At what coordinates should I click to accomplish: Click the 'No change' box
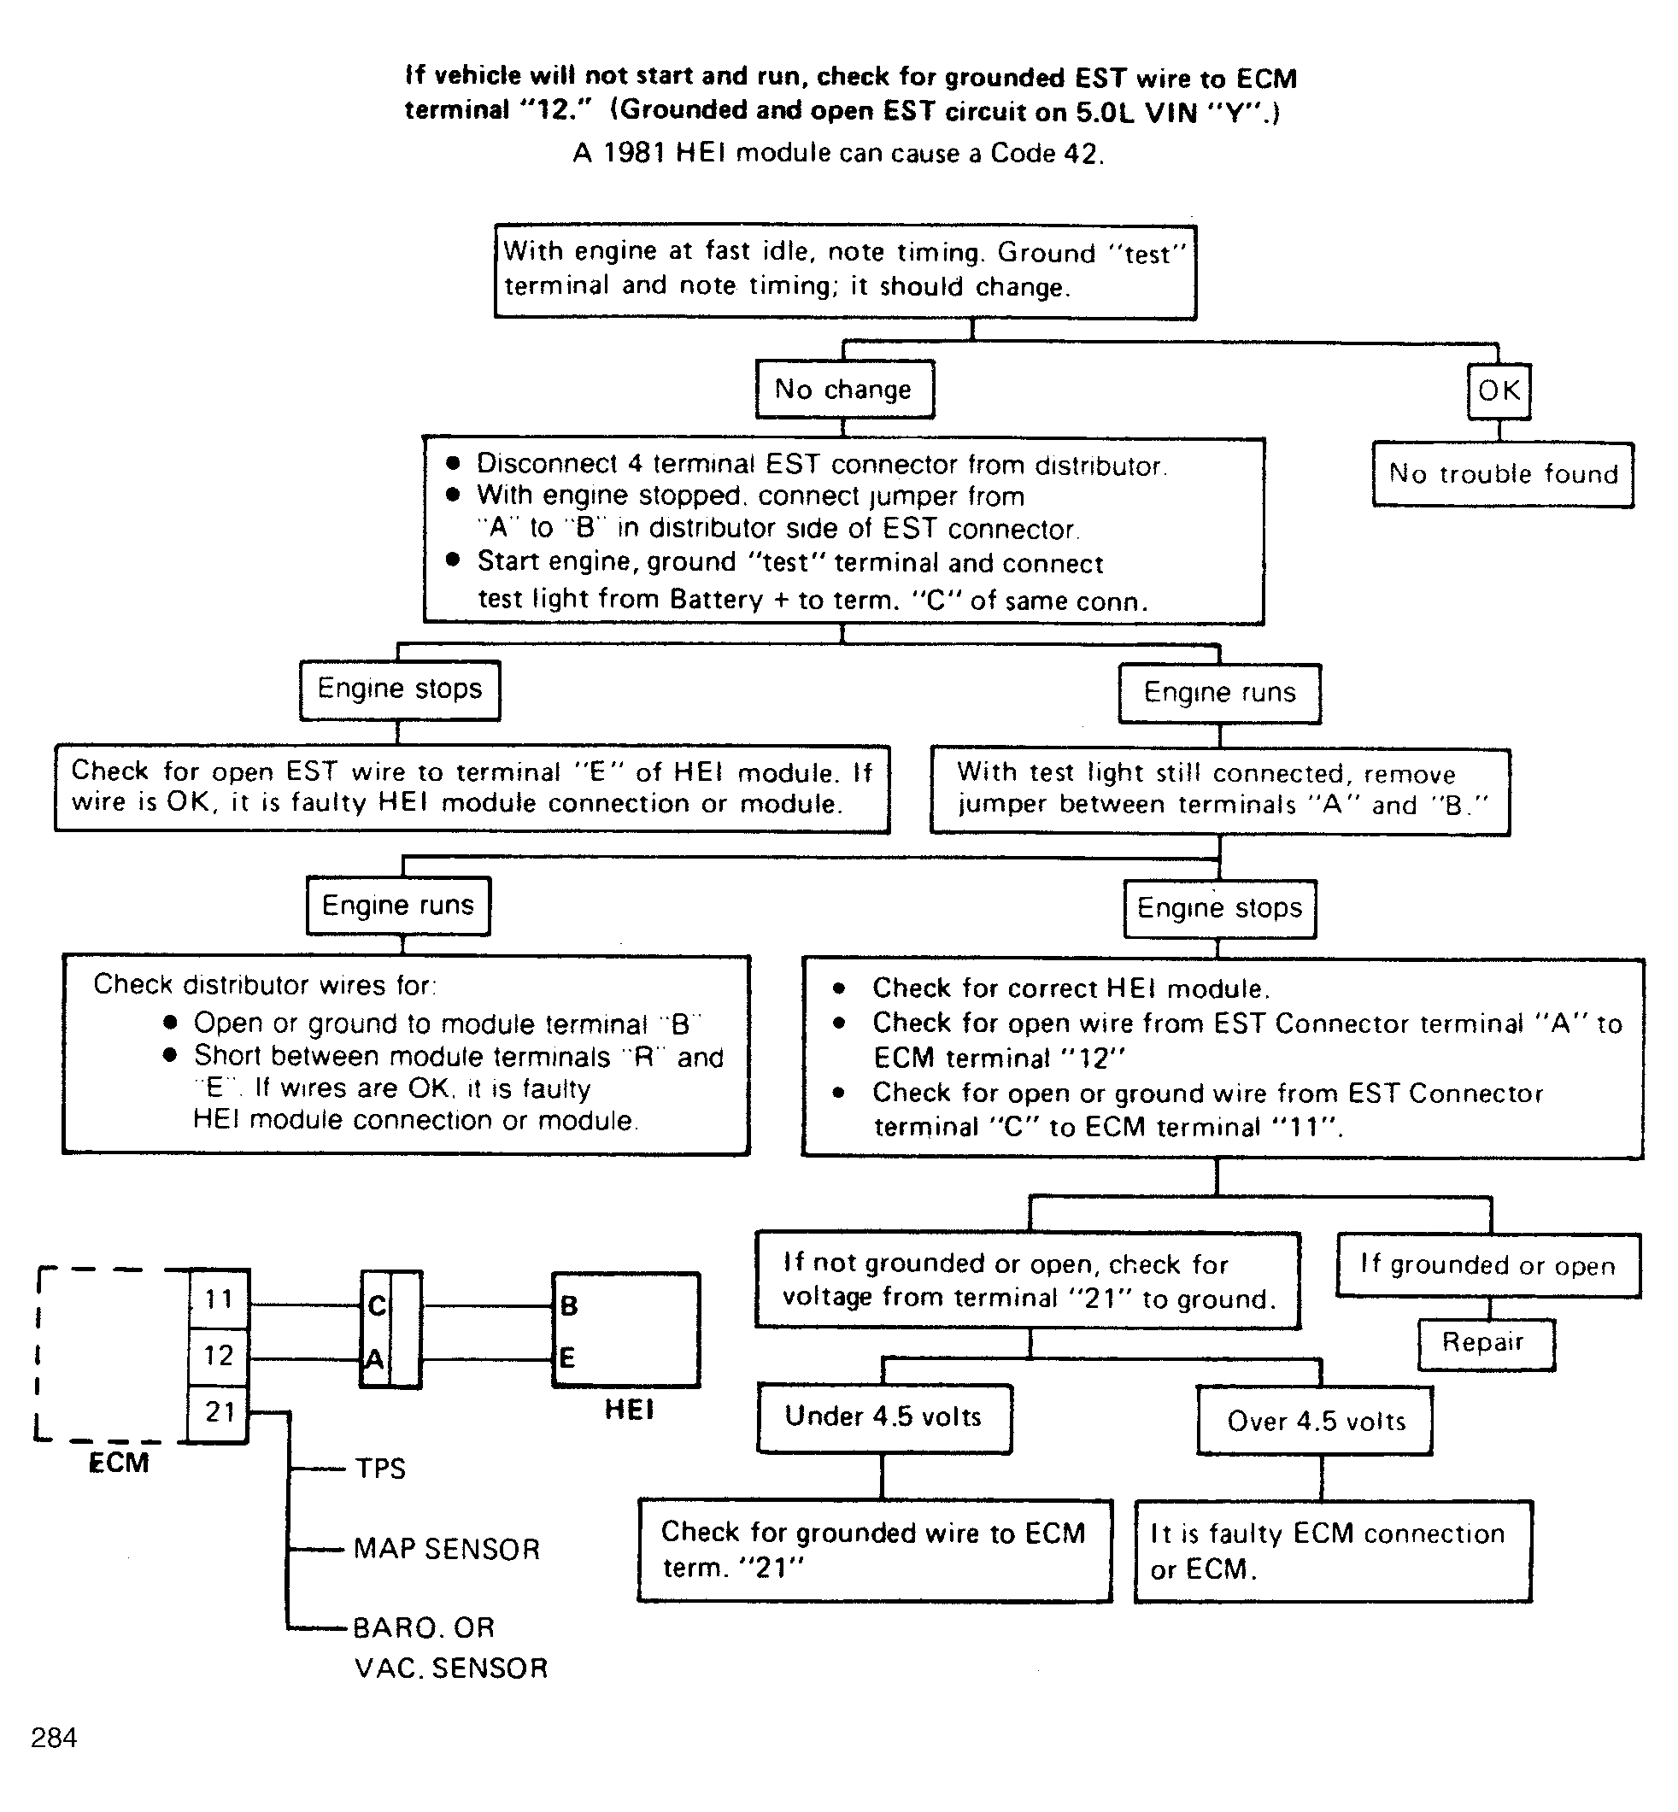coord(844,390)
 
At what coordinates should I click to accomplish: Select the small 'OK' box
coord(1499,391)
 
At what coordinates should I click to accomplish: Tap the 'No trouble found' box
coord(1503,474)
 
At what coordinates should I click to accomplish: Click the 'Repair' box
coord(1486,1344)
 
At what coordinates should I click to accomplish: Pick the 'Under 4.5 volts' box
coord(883,1418)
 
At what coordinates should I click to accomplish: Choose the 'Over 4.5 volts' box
coord(1315,1421)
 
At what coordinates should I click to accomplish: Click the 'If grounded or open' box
coord(1488,1265)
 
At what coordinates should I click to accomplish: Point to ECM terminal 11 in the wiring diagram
coord(218,1299)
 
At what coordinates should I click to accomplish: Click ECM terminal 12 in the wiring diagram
coord(218,1357)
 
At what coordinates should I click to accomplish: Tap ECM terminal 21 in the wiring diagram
coord(218,1412)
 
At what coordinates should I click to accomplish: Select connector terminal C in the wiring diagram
coord(376,1305)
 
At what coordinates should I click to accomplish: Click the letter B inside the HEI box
coord(568,1305)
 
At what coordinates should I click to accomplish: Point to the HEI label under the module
coord(628,1410)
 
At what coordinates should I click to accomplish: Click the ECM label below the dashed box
coord(118,1463)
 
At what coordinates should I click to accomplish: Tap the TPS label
coord(380,1468)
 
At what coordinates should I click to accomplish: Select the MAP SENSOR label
coord(447,1549)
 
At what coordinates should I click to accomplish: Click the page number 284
coord(54,1738)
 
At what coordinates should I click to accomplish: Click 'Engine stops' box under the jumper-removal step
coord(1219,909)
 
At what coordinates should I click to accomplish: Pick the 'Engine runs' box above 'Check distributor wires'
coord(399,906)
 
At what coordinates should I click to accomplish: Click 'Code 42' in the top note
coord(1045,154)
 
